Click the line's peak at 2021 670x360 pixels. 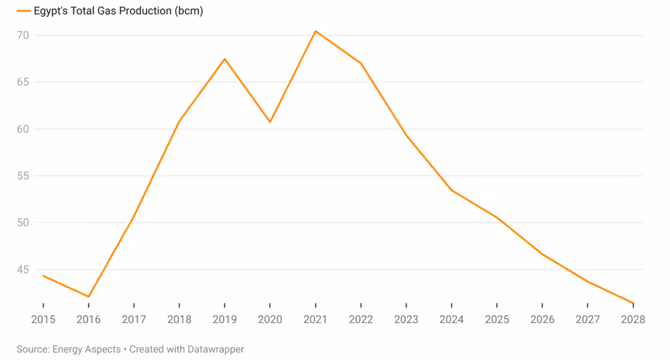[x=315, y=31]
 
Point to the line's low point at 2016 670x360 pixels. [x=89, y=297]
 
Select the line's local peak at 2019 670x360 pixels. [x=225, y=59]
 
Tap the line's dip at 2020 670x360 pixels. [x=270, y=122]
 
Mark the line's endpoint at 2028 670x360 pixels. [x=633, y=303]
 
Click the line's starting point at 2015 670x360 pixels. [x=43, y=275]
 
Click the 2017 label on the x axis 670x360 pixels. [x=134, y=319]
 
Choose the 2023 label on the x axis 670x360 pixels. [x=406, y=319]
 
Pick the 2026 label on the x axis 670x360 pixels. [x=542, y=319]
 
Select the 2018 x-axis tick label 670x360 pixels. [x=179, y=319]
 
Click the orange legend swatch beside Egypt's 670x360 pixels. [x=23, y=11]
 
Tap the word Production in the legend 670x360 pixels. [x=149, y=11]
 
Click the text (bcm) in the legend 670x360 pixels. [x=190, y=11]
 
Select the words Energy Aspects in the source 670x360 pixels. [x=86, y=349]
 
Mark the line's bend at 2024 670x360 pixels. [x=451, y=190]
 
